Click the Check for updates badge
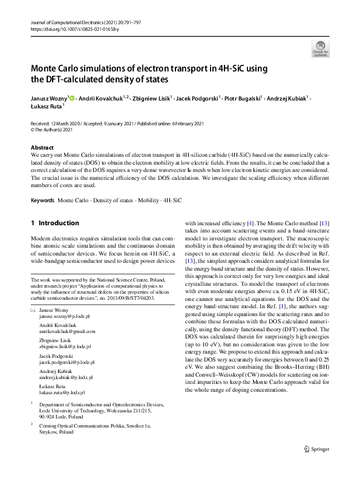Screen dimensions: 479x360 click(x=320, y=47)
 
